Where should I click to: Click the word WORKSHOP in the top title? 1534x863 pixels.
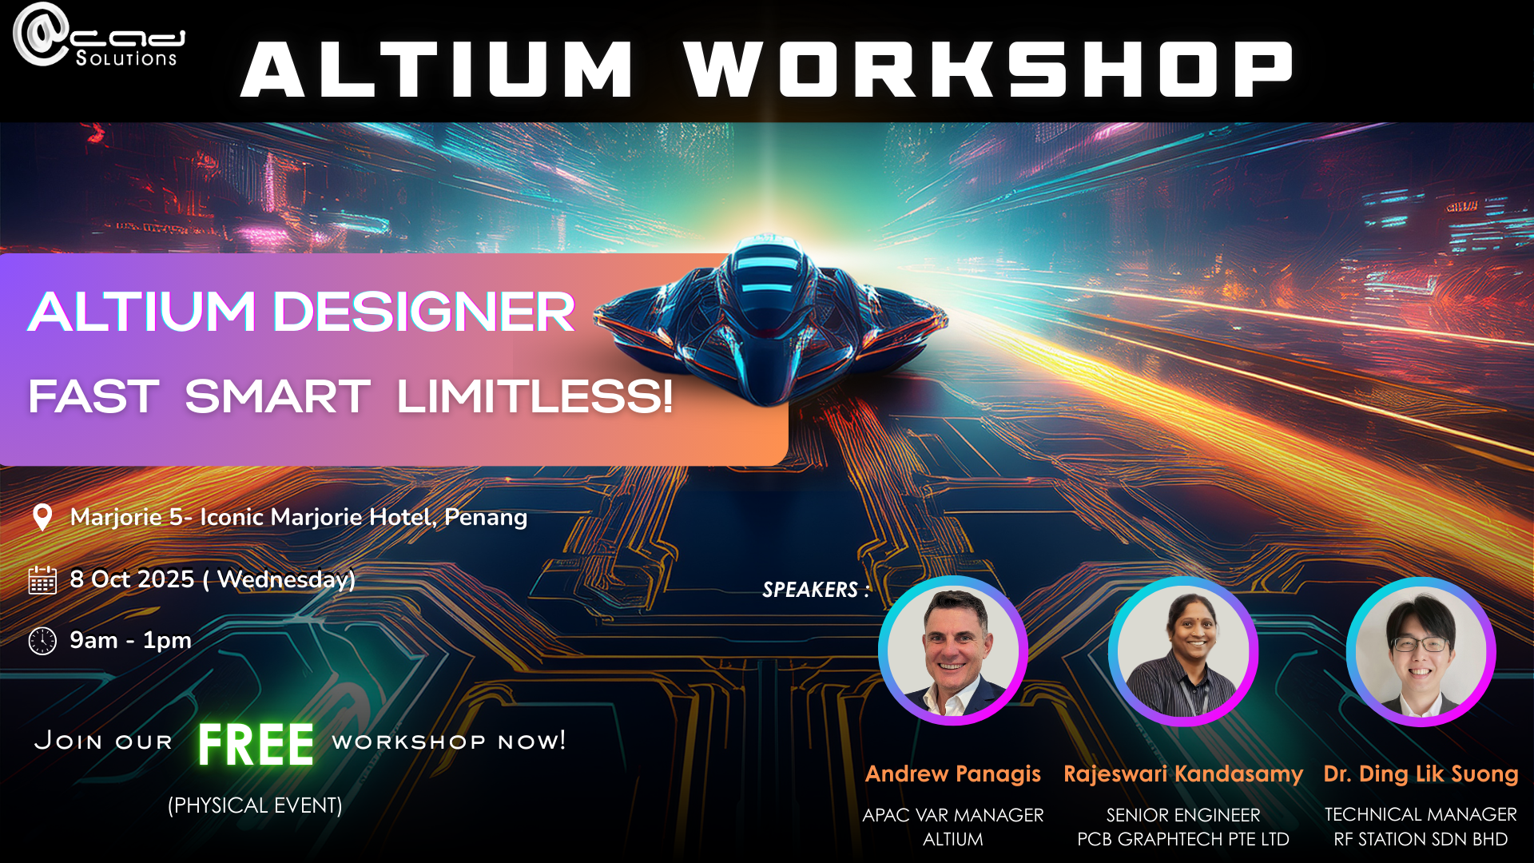(x=988, y=70)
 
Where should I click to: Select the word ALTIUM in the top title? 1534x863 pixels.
(x=438, y=70)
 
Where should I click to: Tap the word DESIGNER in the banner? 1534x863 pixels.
(x=424, y=311)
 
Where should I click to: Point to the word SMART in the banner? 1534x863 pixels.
(x=277, y=396)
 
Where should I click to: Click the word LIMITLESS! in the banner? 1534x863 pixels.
(x=535, y=396)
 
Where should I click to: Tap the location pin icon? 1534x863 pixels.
(x=42, y=517)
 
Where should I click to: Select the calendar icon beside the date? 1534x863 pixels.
(x=42, y=579)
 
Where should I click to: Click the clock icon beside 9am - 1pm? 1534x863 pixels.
(x=42, y=641)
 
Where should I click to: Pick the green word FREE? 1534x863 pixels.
(x=256, y=745)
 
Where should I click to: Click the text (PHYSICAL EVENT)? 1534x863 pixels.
(x=255, y=805)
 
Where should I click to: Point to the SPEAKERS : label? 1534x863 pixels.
(x=816, y=590)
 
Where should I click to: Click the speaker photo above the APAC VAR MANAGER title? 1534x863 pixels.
(x=953, y=650)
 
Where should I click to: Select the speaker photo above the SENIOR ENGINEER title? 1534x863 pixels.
(x=1183, y=651)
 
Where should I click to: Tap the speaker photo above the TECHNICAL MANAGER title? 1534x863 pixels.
(x=1421, y=651)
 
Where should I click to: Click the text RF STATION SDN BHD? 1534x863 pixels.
(x=1421, y=839)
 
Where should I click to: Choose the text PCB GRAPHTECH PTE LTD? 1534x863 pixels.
(x=1183, y=839)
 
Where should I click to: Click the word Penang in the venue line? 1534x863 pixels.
(x=486, y=518)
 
